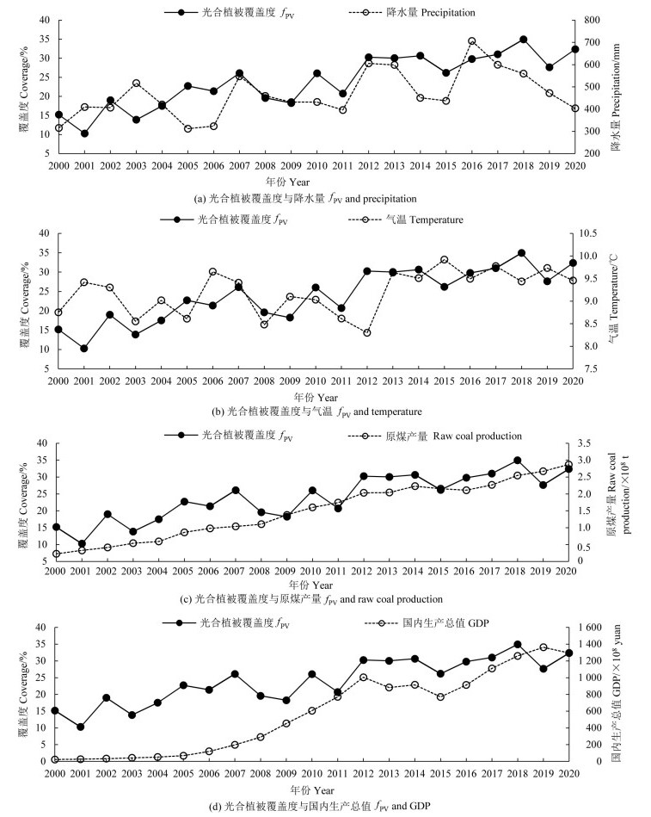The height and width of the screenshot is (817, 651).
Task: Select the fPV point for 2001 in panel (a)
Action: [x=84, y=133]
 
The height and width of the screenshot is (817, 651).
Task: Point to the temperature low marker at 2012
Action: [x=368, y=332]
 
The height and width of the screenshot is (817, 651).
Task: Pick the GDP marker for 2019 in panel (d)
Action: [x=544, y=647]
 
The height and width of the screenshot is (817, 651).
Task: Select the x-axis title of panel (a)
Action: [x=326, y=182]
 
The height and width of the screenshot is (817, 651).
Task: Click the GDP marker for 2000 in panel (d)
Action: [x=55, y=759]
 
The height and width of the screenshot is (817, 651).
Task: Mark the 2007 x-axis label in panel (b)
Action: [x=239, y=379]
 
